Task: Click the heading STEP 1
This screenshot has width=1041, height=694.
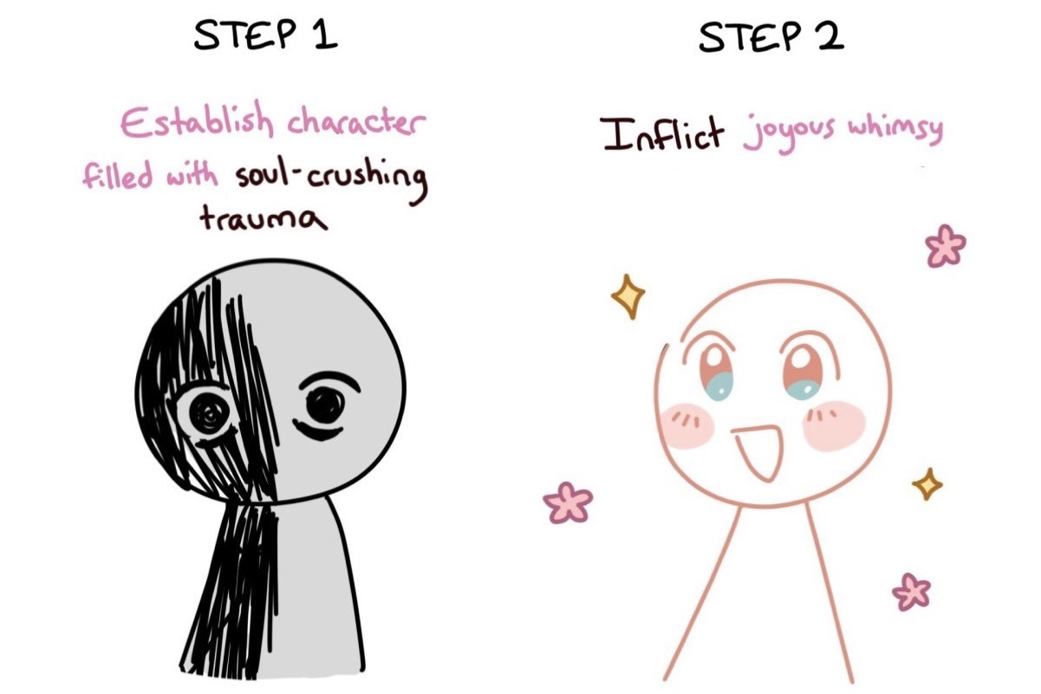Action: click(265, 36)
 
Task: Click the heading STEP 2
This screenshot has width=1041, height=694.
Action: click(771, 36)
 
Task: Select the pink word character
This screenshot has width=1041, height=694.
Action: click(356, 121)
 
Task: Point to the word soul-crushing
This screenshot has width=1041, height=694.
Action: click(331, 183)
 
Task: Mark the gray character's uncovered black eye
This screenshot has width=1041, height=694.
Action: click(325, 406)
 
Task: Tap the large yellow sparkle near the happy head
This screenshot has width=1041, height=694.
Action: click(628, 296)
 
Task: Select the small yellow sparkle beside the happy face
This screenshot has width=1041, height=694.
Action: click(927, 483)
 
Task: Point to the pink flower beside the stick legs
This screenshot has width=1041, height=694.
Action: click(912, 592)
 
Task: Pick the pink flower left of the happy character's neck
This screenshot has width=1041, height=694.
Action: click(568, 503)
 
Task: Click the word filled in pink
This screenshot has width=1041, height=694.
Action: click(118, 175)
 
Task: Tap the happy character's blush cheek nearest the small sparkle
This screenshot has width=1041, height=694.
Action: click(834, 426)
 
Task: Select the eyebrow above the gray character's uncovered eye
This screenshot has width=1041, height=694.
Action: click(329, 384)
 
